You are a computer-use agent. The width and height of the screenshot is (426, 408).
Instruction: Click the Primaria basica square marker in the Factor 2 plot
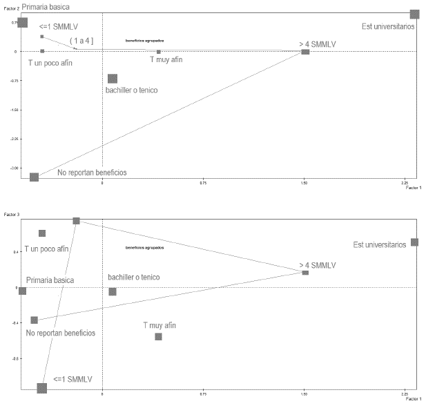(x=22, y=22)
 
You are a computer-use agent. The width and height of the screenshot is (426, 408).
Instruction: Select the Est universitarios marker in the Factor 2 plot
(x=414, y=14)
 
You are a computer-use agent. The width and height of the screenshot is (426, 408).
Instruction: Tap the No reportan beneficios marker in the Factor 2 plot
(x=34, y=177)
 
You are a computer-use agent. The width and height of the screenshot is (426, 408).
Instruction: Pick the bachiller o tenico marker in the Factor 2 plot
(x=113, y=79)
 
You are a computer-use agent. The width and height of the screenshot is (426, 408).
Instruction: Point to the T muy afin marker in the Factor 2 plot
(x=158, y=52)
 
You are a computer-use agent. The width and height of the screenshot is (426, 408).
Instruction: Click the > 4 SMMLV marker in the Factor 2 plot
(x=305, y=52)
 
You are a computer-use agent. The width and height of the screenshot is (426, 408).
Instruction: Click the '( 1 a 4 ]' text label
(x=81, y=41)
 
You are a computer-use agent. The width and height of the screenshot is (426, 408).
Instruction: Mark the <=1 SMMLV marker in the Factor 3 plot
(x=41, y=388)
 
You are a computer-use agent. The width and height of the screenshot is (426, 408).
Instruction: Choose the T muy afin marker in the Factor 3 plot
(x=158, y=336)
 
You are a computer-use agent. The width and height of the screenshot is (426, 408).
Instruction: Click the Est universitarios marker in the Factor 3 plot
(x=414, y=242)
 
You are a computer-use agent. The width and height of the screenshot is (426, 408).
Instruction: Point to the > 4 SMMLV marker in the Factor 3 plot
(x=305, y=273)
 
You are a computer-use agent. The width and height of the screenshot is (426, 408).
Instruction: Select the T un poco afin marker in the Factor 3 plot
(x=42, y=233)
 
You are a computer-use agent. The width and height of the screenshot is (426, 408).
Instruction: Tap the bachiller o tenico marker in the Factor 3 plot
(x=113, y=291)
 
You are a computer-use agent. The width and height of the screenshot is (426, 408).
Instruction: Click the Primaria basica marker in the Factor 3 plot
(x=22, y=291)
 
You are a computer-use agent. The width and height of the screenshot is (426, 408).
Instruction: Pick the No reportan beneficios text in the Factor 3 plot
(x=60, y=333)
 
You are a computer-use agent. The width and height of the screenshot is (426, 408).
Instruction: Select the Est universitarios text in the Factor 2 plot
(x=388, y=27)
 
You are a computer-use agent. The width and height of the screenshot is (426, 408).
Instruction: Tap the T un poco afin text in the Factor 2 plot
(x=50, y=63)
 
